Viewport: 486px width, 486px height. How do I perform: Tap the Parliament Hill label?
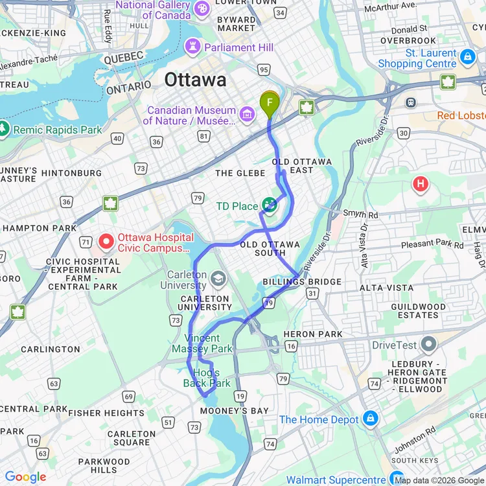click(x=238, y=47)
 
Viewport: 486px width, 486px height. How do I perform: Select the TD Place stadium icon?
click(x=270, y=206)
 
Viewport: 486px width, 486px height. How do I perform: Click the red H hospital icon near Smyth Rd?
click(x=421, y=185)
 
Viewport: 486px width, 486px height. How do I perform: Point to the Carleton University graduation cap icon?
click(x=219, y=279)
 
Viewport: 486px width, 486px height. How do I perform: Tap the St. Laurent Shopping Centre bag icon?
click(x=467, y=58)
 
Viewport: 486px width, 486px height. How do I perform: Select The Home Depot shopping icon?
click(x=370, y=419)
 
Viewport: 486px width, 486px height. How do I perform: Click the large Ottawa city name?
click(x=195, y=80)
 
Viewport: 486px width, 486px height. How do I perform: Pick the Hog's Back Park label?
click(x=206, y=378)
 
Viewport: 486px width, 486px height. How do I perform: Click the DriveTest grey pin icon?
click(x=428, y=345)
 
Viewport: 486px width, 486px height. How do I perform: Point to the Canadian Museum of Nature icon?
click(x=246, y=115)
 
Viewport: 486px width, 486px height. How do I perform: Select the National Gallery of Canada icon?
click(x=202, y=8)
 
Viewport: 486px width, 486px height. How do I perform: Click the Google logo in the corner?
click(x=26, y=477)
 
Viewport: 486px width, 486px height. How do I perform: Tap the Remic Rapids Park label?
click(x=58, y=130)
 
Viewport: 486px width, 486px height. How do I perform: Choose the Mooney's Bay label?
click(x=234, y=411)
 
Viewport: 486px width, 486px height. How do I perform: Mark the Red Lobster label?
click(x=461, y=115)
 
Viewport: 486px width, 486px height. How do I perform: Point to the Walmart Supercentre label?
click(x=337, y=480)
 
